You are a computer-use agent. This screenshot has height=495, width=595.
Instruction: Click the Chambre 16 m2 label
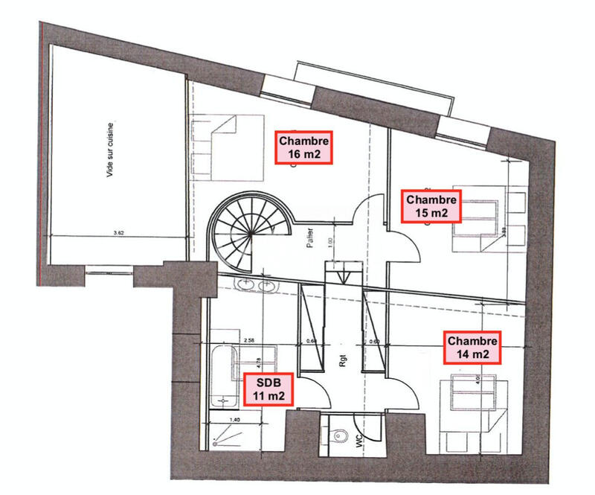[303, 147]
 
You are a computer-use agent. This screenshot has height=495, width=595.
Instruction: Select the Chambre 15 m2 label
[431, 205]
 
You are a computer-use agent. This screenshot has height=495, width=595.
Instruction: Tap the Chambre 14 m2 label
[473, 348]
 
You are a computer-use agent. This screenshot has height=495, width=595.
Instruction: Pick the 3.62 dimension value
[116, 233]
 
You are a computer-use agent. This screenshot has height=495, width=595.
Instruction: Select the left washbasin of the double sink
[245, 284]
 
